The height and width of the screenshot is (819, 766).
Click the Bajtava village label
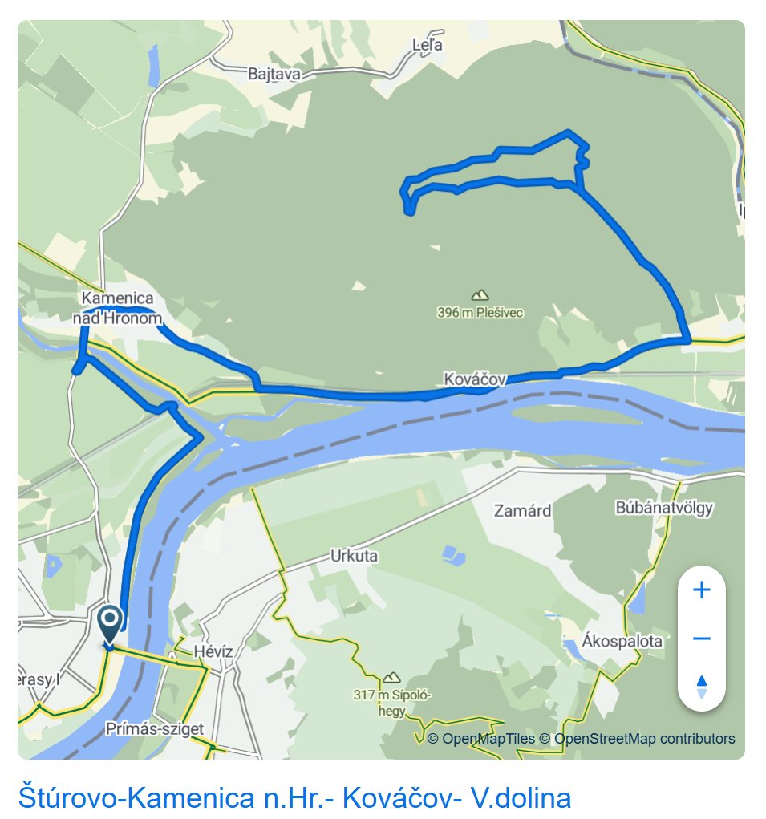click(x=274, y=75)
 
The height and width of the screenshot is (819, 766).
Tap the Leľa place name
click(x=427, y=45)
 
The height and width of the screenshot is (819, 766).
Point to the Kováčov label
click(x=475, y=378)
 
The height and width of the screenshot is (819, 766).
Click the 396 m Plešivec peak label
click(x=480, y=312)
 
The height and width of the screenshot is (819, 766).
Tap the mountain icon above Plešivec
click(x=480, y=295)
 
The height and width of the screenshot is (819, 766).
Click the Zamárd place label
click(x=522, y=510)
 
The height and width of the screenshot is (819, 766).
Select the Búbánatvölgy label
click(x=664, y=508)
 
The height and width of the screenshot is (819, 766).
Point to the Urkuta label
click(x=354, y=556)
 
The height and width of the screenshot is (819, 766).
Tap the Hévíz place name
click(x=213, y=651)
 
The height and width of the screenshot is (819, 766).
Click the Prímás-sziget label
click(x=154, y=729)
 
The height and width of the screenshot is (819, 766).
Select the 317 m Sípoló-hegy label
click(x=393, y=702)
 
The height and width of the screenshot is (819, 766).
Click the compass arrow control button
click(x=702, y=687)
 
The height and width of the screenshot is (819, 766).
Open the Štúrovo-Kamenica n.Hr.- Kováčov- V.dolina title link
click(x=294, y=798)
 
